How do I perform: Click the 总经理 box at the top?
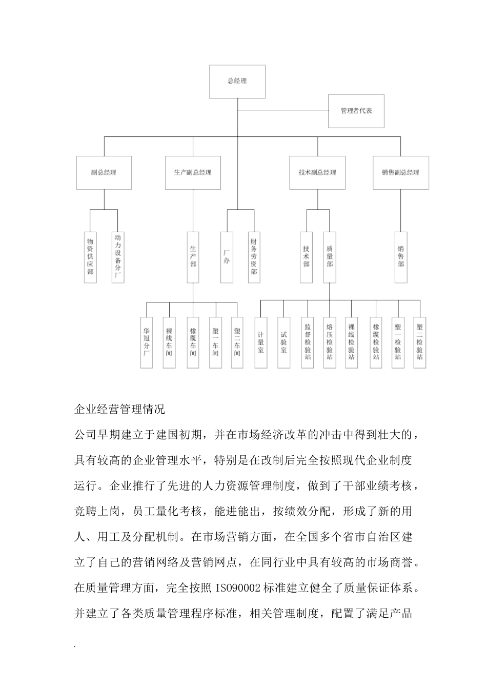[237, 82]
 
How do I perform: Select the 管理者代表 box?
[356, 111]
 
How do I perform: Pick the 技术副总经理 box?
[317, 173]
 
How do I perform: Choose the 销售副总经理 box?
[400, 173]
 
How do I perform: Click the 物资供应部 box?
[90, 256]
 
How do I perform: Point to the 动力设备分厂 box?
[118, 256]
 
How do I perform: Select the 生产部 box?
[193, 256]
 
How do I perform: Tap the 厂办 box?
[227, 256]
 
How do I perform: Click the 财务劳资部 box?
[254, 256]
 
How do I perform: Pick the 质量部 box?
[329, 256]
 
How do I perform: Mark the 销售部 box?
[401, 256]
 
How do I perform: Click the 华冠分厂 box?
[147, 342]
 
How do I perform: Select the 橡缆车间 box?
[193, 342]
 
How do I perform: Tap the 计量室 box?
[261, 342]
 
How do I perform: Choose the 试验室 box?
[283, 342]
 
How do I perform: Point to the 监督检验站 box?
[308, 342]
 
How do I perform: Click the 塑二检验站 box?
[420, 342]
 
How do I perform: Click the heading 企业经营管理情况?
[119, 410]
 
